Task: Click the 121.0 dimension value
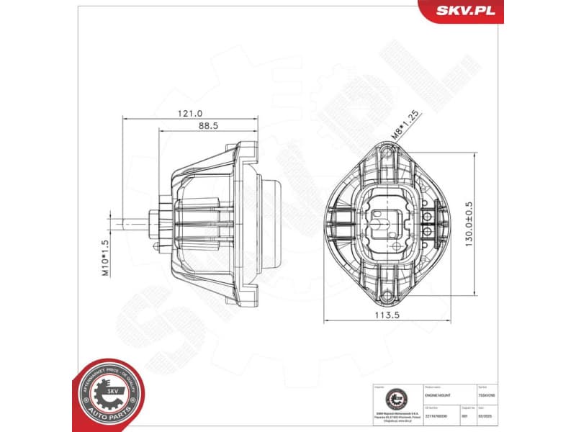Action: tap(190, 113)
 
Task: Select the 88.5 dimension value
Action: tap(208, 125)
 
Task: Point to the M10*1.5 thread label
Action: tap(104, 258)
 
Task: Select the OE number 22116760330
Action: tap(440, 415)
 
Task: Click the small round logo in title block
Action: tap(395, 397)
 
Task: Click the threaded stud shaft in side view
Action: tap(134, 222)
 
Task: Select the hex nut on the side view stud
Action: tap(154, 222)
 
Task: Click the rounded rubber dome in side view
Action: tap(273, 222)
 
